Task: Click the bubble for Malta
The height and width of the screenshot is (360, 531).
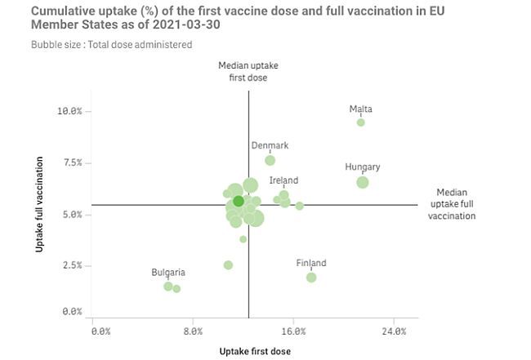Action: pyautogui.click(x=360, y=122)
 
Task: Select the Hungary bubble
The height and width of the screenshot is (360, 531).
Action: pyautogui.click(x=363, y=182)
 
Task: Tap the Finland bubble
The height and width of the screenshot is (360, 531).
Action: pyautogui.click(x=311, y=278)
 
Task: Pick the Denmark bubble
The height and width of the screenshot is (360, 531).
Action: pyautogui.click(x=270, y=160)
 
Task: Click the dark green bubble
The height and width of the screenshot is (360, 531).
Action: pyautogui.click(x=238, y=201)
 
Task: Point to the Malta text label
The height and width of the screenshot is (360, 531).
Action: pyautogui.click(x=360, y=109)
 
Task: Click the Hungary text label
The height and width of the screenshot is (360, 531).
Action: pyautogui.click(x=362, y=167)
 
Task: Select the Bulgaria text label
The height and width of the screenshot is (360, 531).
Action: pyautogui.click(x=167, y=273)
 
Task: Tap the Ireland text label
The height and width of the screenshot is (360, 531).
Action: pyautogui.click(x=283, y=180)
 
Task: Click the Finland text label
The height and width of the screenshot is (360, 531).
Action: pyautogui.click(x=310, y=263)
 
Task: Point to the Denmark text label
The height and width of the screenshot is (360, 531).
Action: pyautogui.click(x=270, y=146)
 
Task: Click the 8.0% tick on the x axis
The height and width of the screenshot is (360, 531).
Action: pyautogui.click(x=192, y=331)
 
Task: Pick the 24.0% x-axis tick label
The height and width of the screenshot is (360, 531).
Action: pyautogui.click(x=394, y=331)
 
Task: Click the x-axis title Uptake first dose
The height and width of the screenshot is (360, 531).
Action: pyautogui.click(x=255, y=351)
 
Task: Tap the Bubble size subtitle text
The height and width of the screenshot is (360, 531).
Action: pyautogui.click(x=111, y=45)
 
